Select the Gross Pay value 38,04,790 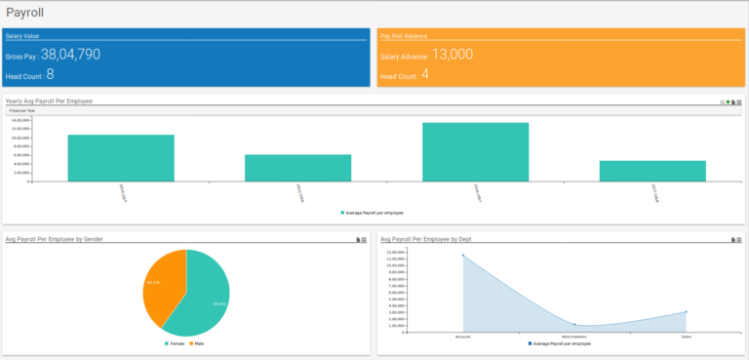tap(70, 56)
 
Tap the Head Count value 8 tap(50, 74)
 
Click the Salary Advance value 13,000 tap(452, 55)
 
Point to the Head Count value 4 tap(425, 74)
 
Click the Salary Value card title tap(22, 35)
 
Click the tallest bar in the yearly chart tap(475, 151)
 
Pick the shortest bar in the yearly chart tap(652, 171)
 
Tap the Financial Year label tap(22, 111)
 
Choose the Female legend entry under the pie tap(177, 344)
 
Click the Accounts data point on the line tap(463, 256)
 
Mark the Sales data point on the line tap(687, 312)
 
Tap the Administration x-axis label tap(574, 336)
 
